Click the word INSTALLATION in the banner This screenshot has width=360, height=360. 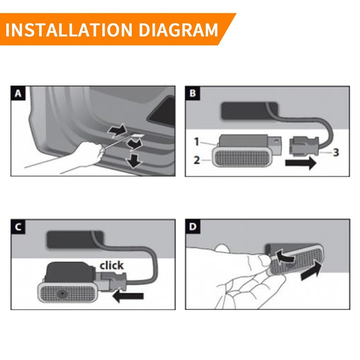[69, 30]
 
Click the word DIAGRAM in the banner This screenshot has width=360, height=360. [178, 30]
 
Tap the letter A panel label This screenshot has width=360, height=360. [18, 94]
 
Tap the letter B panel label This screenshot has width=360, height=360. [193, 93]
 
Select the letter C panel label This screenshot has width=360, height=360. [18, 227]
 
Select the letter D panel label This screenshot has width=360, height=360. [193, 227]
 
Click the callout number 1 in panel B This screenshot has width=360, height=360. [197, 142]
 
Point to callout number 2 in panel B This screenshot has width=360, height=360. [197, 160]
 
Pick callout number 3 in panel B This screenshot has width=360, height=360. [336, 152]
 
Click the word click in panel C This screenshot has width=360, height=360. [112, 265]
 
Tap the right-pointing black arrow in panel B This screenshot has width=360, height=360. [301, 163]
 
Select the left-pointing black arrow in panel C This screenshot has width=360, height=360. [128, 296]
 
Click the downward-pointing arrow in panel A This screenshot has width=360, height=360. [134, 161]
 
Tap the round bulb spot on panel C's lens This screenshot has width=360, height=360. [62, 293]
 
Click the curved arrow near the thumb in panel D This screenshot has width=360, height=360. [284, 256]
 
